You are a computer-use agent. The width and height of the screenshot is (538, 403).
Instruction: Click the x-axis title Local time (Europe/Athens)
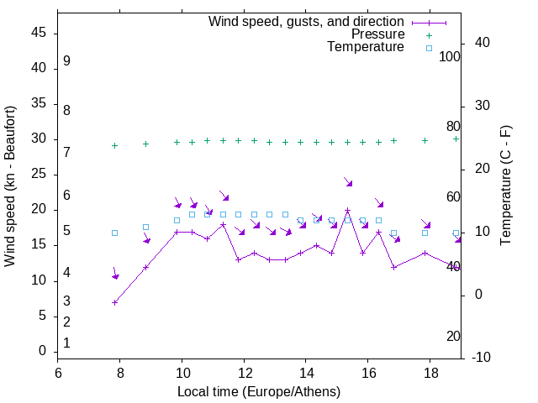[259, 392]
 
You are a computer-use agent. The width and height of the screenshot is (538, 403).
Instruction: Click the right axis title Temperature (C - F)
[505, 186]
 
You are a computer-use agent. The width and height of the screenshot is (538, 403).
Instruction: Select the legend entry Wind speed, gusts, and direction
[306, 21]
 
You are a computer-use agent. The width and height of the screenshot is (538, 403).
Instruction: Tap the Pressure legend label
[377, 34]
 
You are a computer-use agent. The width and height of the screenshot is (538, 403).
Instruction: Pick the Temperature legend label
[366, 47]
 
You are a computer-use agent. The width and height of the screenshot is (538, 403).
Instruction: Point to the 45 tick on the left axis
[39, 34]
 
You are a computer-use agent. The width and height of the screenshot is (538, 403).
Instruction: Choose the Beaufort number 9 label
[66, 61]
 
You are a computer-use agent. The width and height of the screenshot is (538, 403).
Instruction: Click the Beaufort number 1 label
[66, 343]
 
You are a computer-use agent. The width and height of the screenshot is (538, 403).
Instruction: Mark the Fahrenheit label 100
[451, 57]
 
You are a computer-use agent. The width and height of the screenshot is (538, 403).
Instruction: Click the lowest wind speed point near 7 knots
[115, 302]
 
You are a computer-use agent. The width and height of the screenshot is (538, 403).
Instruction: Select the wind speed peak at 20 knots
[347, 211]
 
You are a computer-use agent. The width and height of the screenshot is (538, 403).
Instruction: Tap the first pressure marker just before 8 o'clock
[115, 145]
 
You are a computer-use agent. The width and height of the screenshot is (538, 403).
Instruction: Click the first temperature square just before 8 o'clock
[115, 233]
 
